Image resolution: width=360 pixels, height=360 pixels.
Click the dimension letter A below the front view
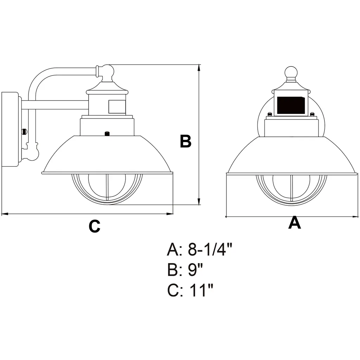pos(294,223)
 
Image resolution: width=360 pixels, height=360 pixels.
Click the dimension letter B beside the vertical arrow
pos(186,141)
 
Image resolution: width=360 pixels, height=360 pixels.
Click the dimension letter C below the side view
pos(94,226)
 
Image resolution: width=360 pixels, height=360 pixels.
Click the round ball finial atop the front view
pos(291,73)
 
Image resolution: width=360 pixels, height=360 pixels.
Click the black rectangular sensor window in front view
pos(291,105)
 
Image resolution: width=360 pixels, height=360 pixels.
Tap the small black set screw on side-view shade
pos(107,133)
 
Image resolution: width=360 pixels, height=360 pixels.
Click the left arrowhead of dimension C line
pos(4,213)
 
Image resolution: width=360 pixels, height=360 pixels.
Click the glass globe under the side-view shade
pos(107,188)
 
